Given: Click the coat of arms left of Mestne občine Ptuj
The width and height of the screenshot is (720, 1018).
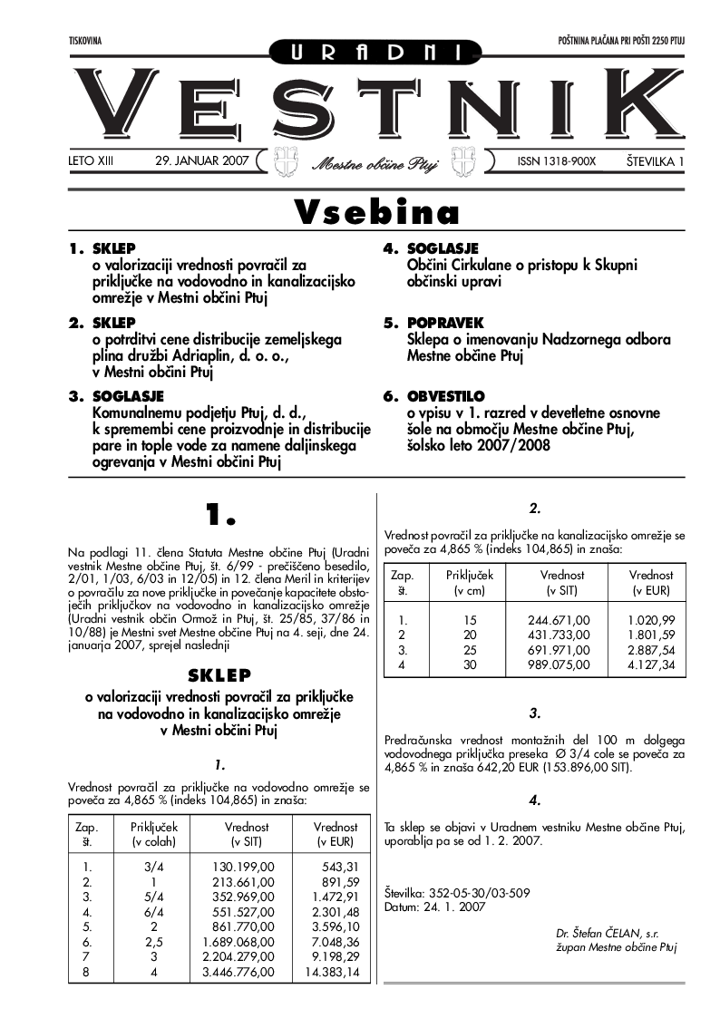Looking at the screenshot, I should point(286,160).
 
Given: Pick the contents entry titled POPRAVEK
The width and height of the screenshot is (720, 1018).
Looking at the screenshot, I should point(445,323).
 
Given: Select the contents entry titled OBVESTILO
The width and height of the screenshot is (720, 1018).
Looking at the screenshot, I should point(446,396).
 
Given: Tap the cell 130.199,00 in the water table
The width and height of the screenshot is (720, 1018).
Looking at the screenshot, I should point(243,867).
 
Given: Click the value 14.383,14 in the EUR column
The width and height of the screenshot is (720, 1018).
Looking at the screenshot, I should point(333,972).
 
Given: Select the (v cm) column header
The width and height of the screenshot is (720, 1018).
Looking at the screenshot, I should point(471,591).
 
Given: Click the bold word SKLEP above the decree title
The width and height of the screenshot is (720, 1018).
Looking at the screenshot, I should point(219,675).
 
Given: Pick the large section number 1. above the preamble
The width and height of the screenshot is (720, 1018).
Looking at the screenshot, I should point(219,515).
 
